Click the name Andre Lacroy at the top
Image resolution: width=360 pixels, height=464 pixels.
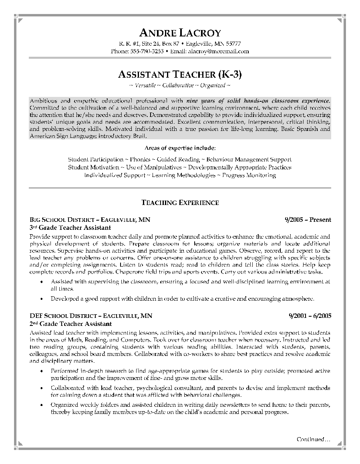pos(180,33)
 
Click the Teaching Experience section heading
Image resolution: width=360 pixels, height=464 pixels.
pos(180,203)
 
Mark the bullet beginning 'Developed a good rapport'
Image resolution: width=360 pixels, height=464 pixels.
pos(182,299)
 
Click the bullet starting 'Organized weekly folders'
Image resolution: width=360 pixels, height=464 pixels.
pos(190,408)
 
